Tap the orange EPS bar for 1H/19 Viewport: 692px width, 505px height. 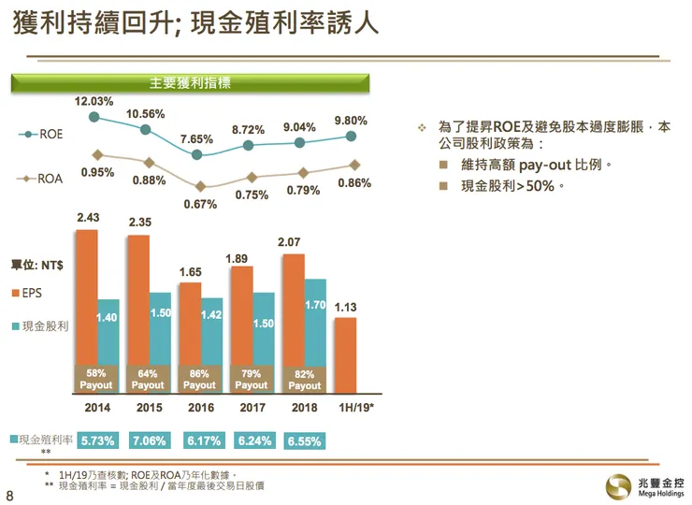(x=344, y=355)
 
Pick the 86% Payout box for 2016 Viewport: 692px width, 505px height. (x=199, y=379)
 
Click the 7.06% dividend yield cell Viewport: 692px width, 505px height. (x=148, y=440)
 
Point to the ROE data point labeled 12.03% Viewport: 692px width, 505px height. (x=94, y=117)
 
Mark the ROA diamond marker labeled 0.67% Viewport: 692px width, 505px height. (x=198, y=186)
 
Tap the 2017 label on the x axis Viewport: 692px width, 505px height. (x=252, y=409)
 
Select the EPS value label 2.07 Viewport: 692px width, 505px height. (x=292, y=243)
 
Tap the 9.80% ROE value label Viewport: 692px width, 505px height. (x=351, y=121)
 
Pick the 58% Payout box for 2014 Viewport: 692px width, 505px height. (x=96, y=379)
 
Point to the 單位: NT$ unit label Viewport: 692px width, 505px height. (x=36, y=265)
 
